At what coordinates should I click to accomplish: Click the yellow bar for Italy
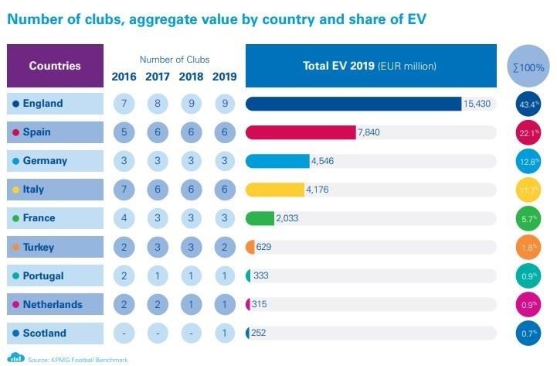[275, 190]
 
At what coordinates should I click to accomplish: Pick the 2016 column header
[124, 76]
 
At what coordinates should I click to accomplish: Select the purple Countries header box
[55, 66]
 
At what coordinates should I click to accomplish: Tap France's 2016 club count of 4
[124, 218]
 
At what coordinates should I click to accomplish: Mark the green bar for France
[260, 218]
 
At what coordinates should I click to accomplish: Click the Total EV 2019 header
[371, 66]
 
